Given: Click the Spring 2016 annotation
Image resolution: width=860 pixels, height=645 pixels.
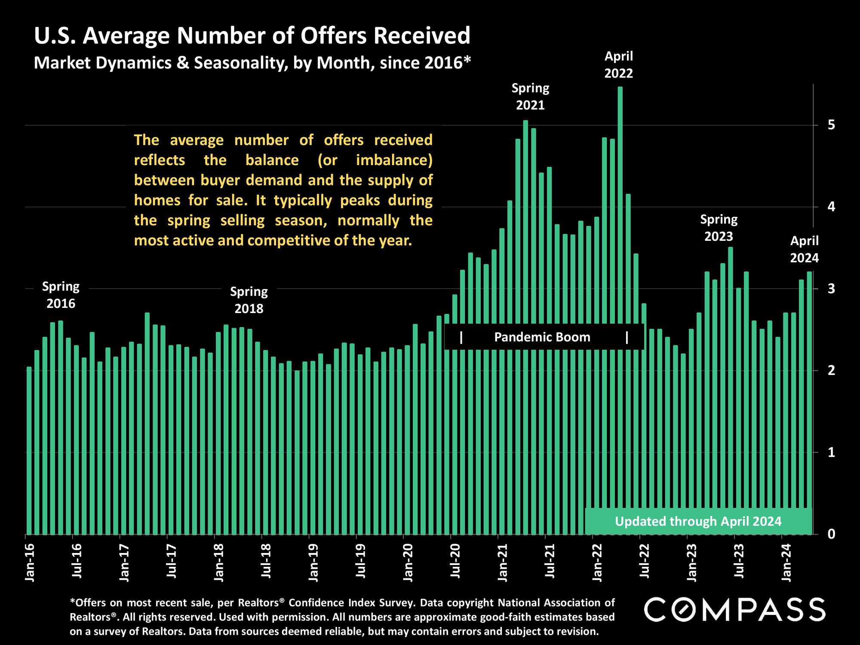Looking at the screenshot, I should point(61,295).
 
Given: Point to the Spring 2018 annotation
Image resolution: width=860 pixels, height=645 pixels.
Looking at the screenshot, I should point(249,300).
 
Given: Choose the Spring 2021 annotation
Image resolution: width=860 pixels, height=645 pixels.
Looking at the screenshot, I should point(530,97).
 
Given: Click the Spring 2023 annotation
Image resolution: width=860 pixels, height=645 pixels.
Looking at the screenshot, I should point(719,228).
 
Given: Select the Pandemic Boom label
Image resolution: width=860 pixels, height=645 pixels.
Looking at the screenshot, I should point(542,337).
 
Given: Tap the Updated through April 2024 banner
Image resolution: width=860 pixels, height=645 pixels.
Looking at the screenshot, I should point(698,522).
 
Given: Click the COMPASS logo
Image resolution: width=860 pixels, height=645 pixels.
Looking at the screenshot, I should point(735,610).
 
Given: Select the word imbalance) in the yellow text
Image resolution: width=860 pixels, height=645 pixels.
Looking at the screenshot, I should point(394,160).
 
